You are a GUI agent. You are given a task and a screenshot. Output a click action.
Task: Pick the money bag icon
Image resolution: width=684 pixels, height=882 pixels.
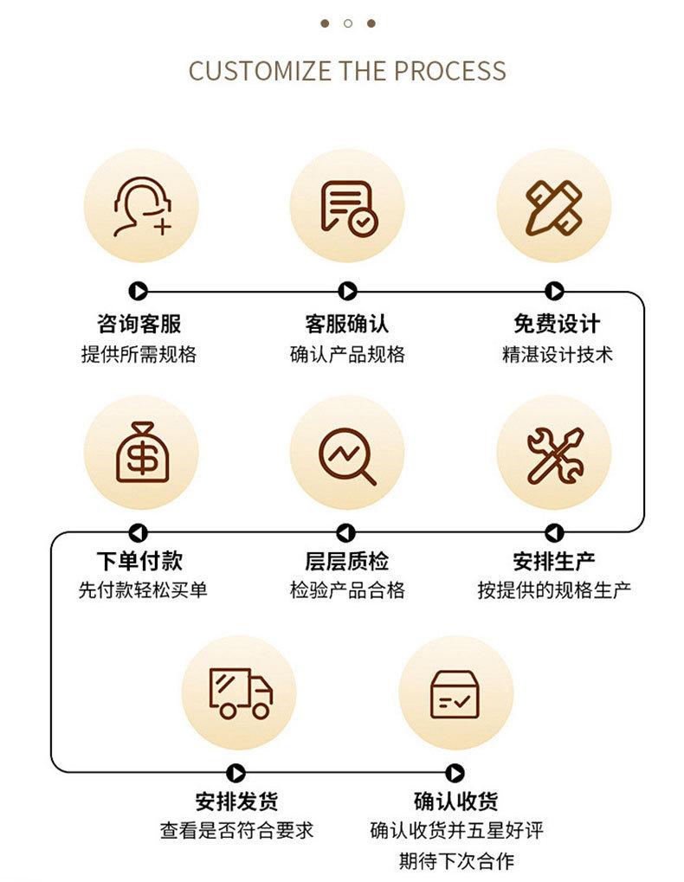point(141,453)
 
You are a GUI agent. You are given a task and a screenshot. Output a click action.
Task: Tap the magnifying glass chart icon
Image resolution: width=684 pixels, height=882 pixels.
point(347,453)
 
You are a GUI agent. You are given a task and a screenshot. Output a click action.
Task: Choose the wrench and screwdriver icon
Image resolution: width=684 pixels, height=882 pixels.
point(554,453)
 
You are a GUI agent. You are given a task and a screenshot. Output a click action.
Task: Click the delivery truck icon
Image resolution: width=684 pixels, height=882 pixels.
point(240,692)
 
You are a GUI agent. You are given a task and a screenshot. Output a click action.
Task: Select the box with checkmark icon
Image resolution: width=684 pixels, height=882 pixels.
point(455,692)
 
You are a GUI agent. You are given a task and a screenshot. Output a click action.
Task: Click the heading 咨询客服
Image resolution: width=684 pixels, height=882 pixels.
point(139,325)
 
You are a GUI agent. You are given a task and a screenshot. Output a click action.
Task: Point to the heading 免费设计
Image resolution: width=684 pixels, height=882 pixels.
point(556,325)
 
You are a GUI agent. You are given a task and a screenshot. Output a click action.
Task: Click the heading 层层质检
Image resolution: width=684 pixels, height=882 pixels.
point(346,561)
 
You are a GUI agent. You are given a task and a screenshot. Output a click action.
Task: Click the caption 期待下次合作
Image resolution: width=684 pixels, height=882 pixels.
point(456,861)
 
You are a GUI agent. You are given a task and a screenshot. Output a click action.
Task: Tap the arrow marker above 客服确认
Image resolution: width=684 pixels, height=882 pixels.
point(347,292)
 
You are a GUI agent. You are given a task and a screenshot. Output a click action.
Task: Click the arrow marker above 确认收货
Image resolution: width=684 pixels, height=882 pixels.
point(455,773)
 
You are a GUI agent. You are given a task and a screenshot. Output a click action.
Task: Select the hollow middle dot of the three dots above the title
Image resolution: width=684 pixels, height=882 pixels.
point(348,23)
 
